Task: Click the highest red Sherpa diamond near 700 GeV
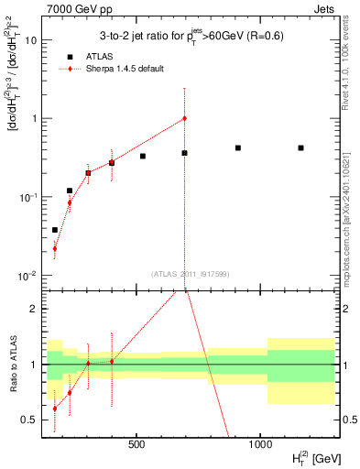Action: [x=184, y=118]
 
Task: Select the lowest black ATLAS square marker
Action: [x=55, y=230]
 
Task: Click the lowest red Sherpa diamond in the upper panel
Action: [x=55, y=248]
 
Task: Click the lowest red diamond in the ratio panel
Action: [x=55, y=409]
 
